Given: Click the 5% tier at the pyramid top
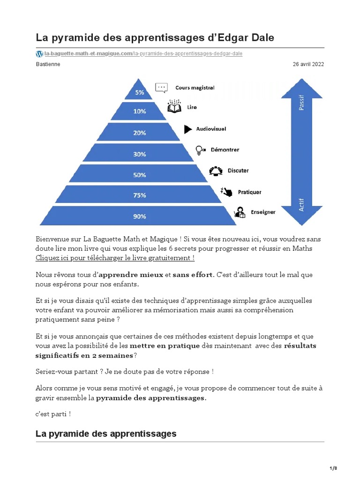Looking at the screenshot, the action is [x=140, y=92].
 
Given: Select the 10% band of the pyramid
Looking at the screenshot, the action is [x=140, y=111].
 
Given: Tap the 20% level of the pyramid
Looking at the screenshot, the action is [x=140, y=132].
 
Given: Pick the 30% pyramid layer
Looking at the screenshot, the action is [x=140, y=153].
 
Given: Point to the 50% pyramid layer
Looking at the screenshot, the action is [x=140, y=174].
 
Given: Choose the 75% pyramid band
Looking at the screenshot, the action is [x=140, y=195].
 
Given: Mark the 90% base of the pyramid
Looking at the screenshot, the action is [x=140, y=216].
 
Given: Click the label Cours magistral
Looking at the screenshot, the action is [x=195, y=87].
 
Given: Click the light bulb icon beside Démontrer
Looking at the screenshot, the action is [x=200, y=150].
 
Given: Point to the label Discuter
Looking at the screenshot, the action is [x=238, y=171].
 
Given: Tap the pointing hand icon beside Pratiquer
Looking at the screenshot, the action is [x=226, y=192].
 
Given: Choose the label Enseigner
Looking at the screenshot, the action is [x=262, y=212].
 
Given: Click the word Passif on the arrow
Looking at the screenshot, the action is [x=301, y=103].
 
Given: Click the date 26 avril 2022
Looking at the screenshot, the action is [x=308, y=64].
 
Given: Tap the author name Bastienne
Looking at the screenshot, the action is [x=48, y=64].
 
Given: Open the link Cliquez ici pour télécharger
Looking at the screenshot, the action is [x=115, y=258].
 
